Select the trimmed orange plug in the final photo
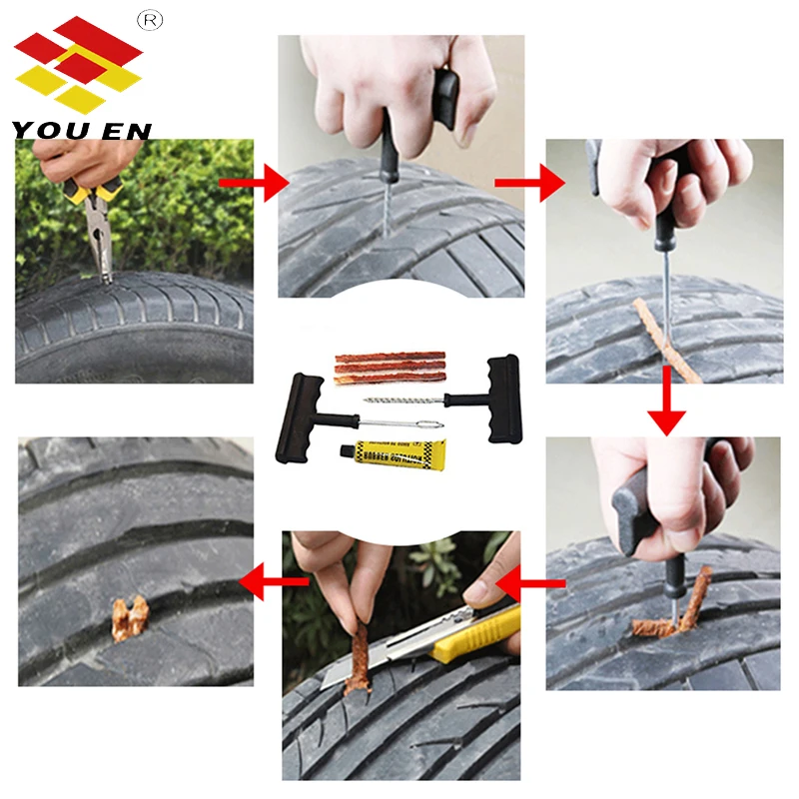pyautogui.click(x=130, y=617)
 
